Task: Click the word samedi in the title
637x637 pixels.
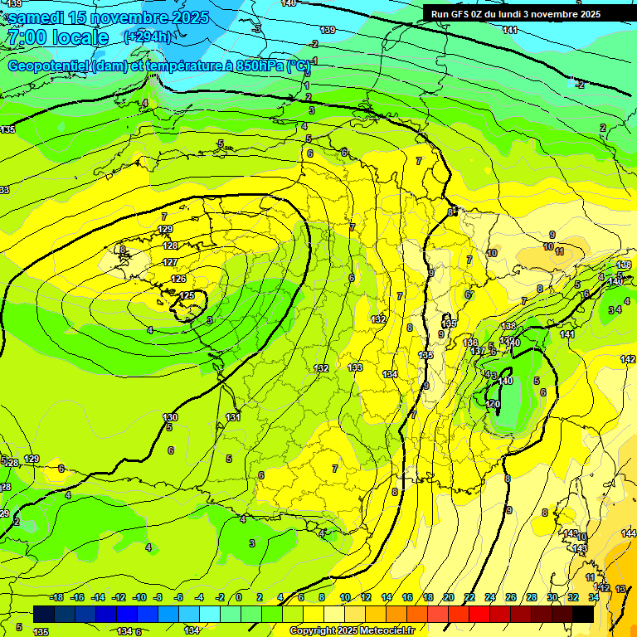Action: (38, 17)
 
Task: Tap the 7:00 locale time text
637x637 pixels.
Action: (58, 37)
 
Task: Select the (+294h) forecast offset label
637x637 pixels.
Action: (148, 36)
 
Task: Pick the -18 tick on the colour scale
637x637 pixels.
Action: (56, 597)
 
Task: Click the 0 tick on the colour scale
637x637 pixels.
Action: (239, 597)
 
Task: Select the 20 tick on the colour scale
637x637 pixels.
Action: (449, 597)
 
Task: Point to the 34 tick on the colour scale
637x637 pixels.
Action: (594, 597)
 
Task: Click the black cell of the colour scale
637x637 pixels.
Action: (583, 614)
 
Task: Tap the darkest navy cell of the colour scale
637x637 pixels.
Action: (44, 614)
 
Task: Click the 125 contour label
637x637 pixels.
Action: (187, 295)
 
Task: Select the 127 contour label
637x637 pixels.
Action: (170, 262)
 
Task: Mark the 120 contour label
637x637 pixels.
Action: (494, 403)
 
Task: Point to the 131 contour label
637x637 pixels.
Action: (233, 417)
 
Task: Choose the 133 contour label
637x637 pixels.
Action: (355, 367)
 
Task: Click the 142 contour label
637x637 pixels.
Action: (628, 359)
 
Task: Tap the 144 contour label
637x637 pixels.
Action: (628, 532)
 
